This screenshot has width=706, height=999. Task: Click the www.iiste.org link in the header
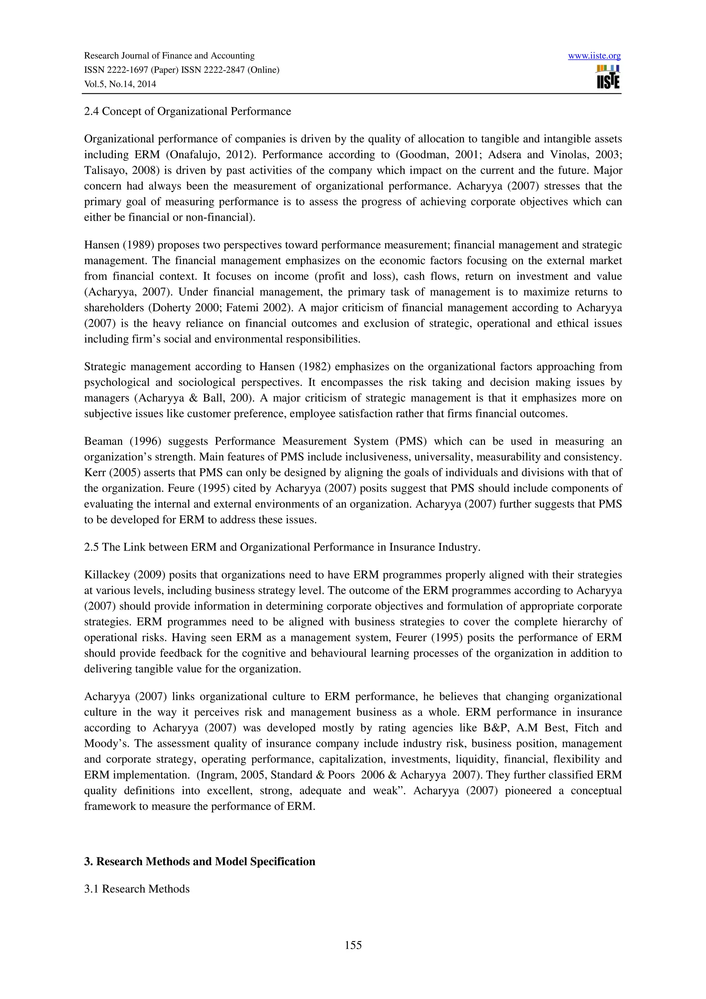point(594,56)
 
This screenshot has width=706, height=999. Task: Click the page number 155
point(353,945)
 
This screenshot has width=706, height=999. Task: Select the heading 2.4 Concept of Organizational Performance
point(188,111)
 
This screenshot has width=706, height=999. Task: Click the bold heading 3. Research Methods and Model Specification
point(199,861)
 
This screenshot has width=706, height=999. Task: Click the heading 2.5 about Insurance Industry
point(282,547)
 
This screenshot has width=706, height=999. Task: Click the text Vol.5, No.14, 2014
point(120,84)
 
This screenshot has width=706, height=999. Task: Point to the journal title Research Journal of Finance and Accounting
point(169,56)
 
